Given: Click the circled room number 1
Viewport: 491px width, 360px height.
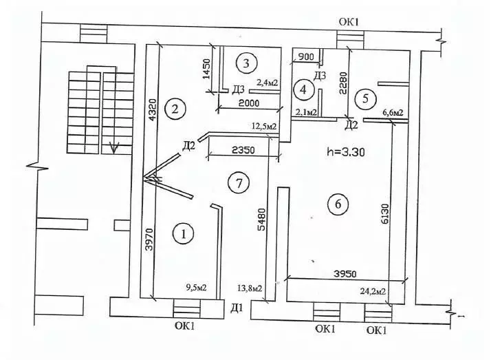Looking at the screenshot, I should [x=183, y=235].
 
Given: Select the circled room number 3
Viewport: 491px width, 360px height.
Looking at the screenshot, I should [x=246, y=63].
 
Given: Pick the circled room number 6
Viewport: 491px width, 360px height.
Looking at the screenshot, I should [x=338, y=204].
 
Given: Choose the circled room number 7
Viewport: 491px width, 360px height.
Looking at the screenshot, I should [x=238, y=183].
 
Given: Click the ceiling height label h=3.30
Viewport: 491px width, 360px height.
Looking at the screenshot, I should [x=345, y=152].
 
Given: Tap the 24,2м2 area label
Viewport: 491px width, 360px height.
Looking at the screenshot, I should [x=372, y=291].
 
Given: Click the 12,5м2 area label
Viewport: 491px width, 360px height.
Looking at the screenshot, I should [x=264, y=126].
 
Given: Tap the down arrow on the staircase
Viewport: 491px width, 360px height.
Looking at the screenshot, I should [x=115, y=147].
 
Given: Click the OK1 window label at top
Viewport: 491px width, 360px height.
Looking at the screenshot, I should [x=349, y=22].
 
